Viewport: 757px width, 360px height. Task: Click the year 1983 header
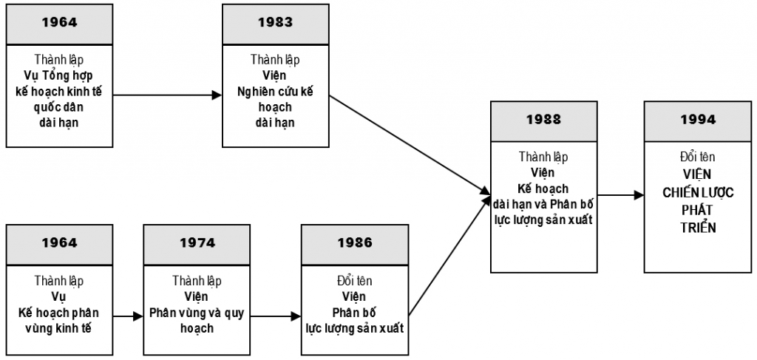(x=275, y=22)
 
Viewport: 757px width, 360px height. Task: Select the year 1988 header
(x=543, y=119)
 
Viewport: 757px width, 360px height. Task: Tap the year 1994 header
(x=698, y=119)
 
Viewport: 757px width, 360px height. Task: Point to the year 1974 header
(x=197, y=242)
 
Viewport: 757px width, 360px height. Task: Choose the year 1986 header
(x=355, y=242)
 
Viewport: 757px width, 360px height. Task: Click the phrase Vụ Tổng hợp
(x=58, y=75)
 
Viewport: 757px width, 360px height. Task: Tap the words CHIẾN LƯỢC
(x=698, y=192)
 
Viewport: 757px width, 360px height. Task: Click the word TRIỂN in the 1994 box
(x=698, y=227)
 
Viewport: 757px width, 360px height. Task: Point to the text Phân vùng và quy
(x=197, y=313)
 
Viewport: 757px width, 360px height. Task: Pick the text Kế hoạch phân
(x=59, y=313)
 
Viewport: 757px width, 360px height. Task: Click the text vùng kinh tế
(x=59, y=327)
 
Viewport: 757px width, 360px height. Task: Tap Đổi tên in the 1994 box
(x=698, y=157)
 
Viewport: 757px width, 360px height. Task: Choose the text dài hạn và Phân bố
(x=543, y=203)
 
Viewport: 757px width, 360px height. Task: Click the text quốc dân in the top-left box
(x=58, y=107)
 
